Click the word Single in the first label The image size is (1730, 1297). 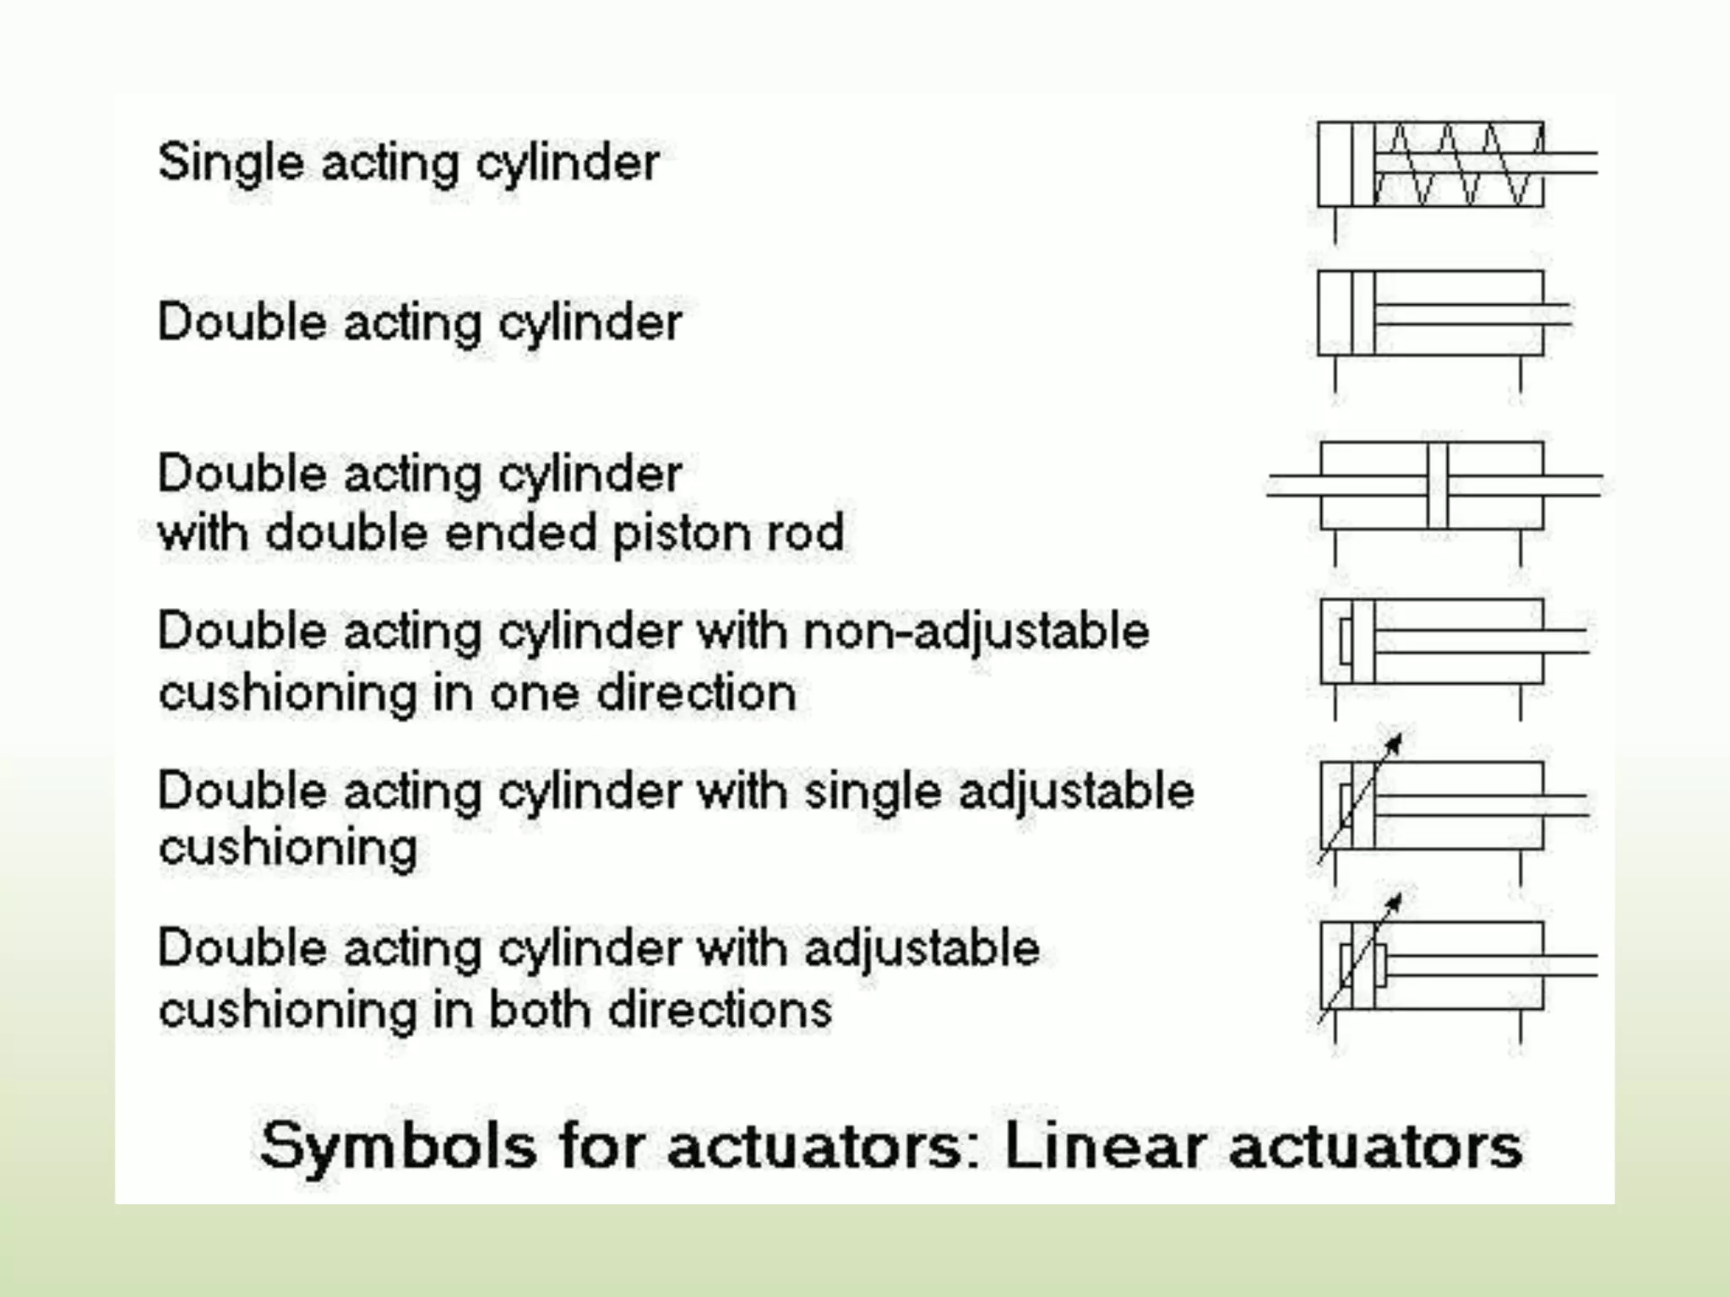(x=230, y=163)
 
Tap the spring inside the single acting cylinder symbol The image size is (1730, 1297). (x=1457, y=165)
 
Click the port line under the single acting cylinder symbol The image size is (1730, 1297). (x=1336, y=225)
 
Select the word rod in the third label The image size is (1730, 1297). (x=805, y=533)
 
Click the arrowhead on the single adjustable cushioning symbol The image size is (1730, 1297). (x=1394, y=744)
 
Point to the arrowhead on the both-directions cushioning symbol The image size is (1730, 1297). (x=1394, y=903)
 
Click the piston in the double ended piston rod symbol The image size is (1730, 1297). (x=1437, y=486)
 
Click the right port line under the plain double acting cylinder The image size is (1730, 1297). (x=1521, y=375)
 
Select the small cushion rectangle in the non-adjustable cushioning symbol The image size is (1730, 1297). (x=1346, y=641)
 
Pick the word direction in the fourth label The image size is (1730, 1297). (x=696, y=693)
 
